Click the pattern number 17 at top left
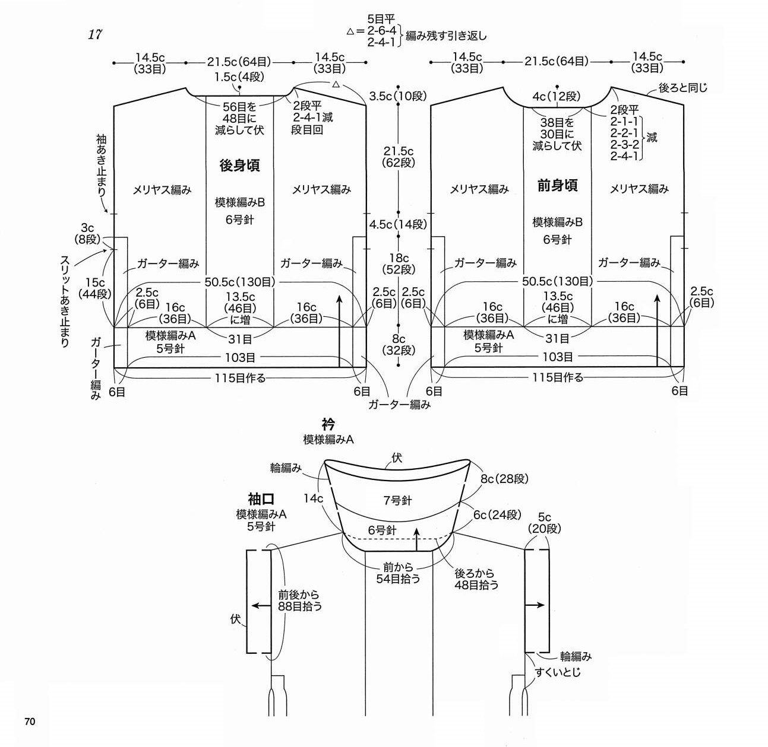coord(95,34)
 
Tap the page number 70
coord(30,721)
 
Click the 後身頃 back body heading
coord(239,166)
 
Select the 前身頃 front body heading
coord(557,186)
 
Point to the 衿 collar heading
coord(328,425)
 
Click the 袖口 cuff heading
coord(261,499)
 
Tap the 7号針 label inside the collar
coord(397,501)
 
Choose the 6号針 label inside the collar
coord(382,530)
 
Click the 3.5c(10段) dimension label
coord(398,96)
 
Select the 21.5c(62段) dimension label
coord(399,157)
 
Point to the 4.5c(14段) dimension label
coord(398,224)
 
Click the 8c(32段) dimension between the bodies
coord(399,345)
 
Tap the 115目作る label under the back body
coord(240,377)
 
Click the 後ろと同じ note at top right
coord(683,88)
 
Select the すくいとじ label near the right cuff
coord(558,672)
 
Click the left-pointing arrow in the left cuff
coord(259,606)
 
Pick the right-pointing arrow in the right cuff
coord(535,606)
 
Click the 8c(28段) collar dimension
coord(504,478)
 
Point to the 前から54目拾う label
coord(398,573)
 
